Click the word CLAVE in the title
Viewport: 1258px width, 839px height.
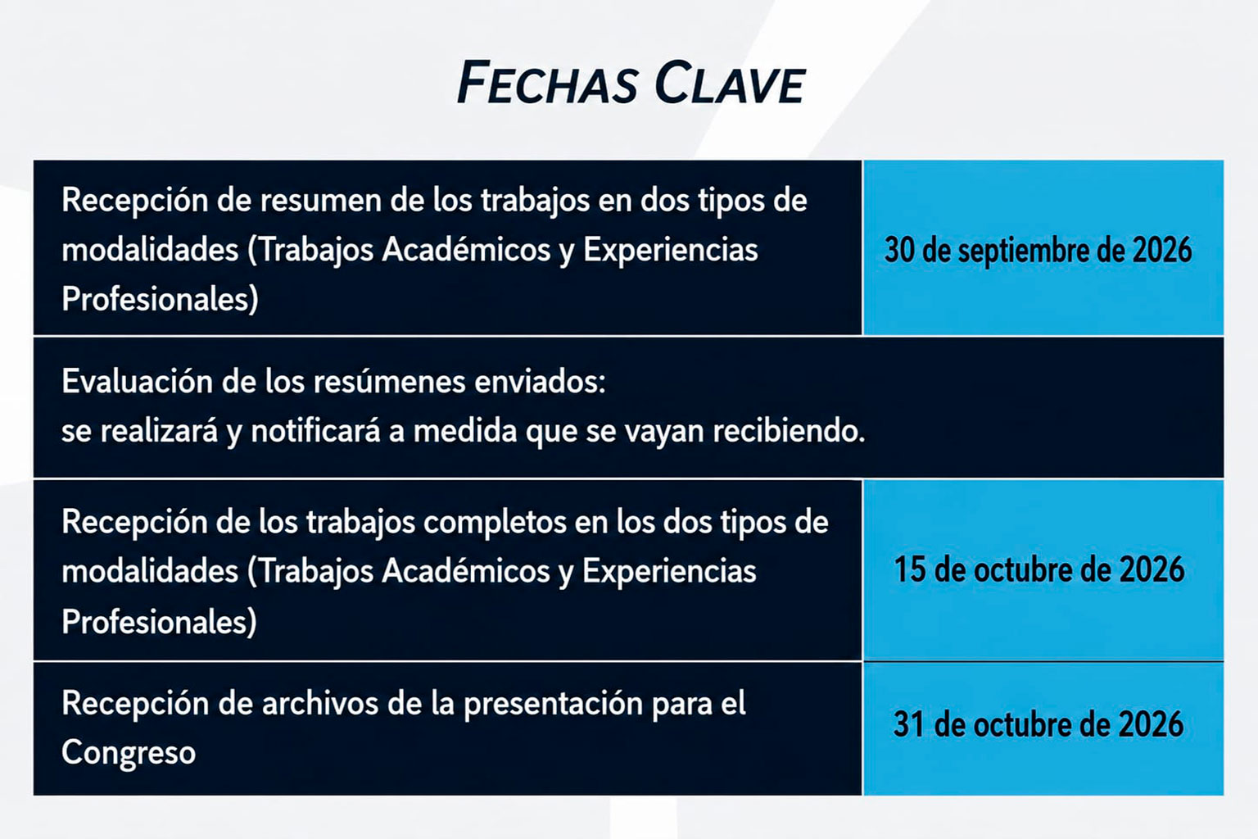tap(730, 84)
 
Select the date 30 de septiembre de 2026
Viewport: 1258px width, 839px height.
tap(1038, 250)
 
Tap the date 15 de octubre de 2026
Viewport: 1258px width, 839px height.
tap(1039, 569)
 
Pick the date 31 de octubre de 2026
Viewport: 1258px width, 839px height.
tap(1039, 723)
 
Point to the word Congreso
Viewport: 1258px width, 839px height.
tap(129, 752)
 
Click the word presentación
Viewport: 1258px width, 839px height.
tap(553, 705)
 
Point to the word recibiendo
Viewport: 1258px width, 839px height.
tap(789, 431)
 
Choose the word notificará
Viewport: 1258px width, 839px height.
tap(315, 431)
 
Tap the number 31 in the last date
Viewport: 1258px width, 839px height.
tap(909, 723)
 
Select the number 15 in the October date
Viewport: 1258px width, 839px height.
tap(910, 569)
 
